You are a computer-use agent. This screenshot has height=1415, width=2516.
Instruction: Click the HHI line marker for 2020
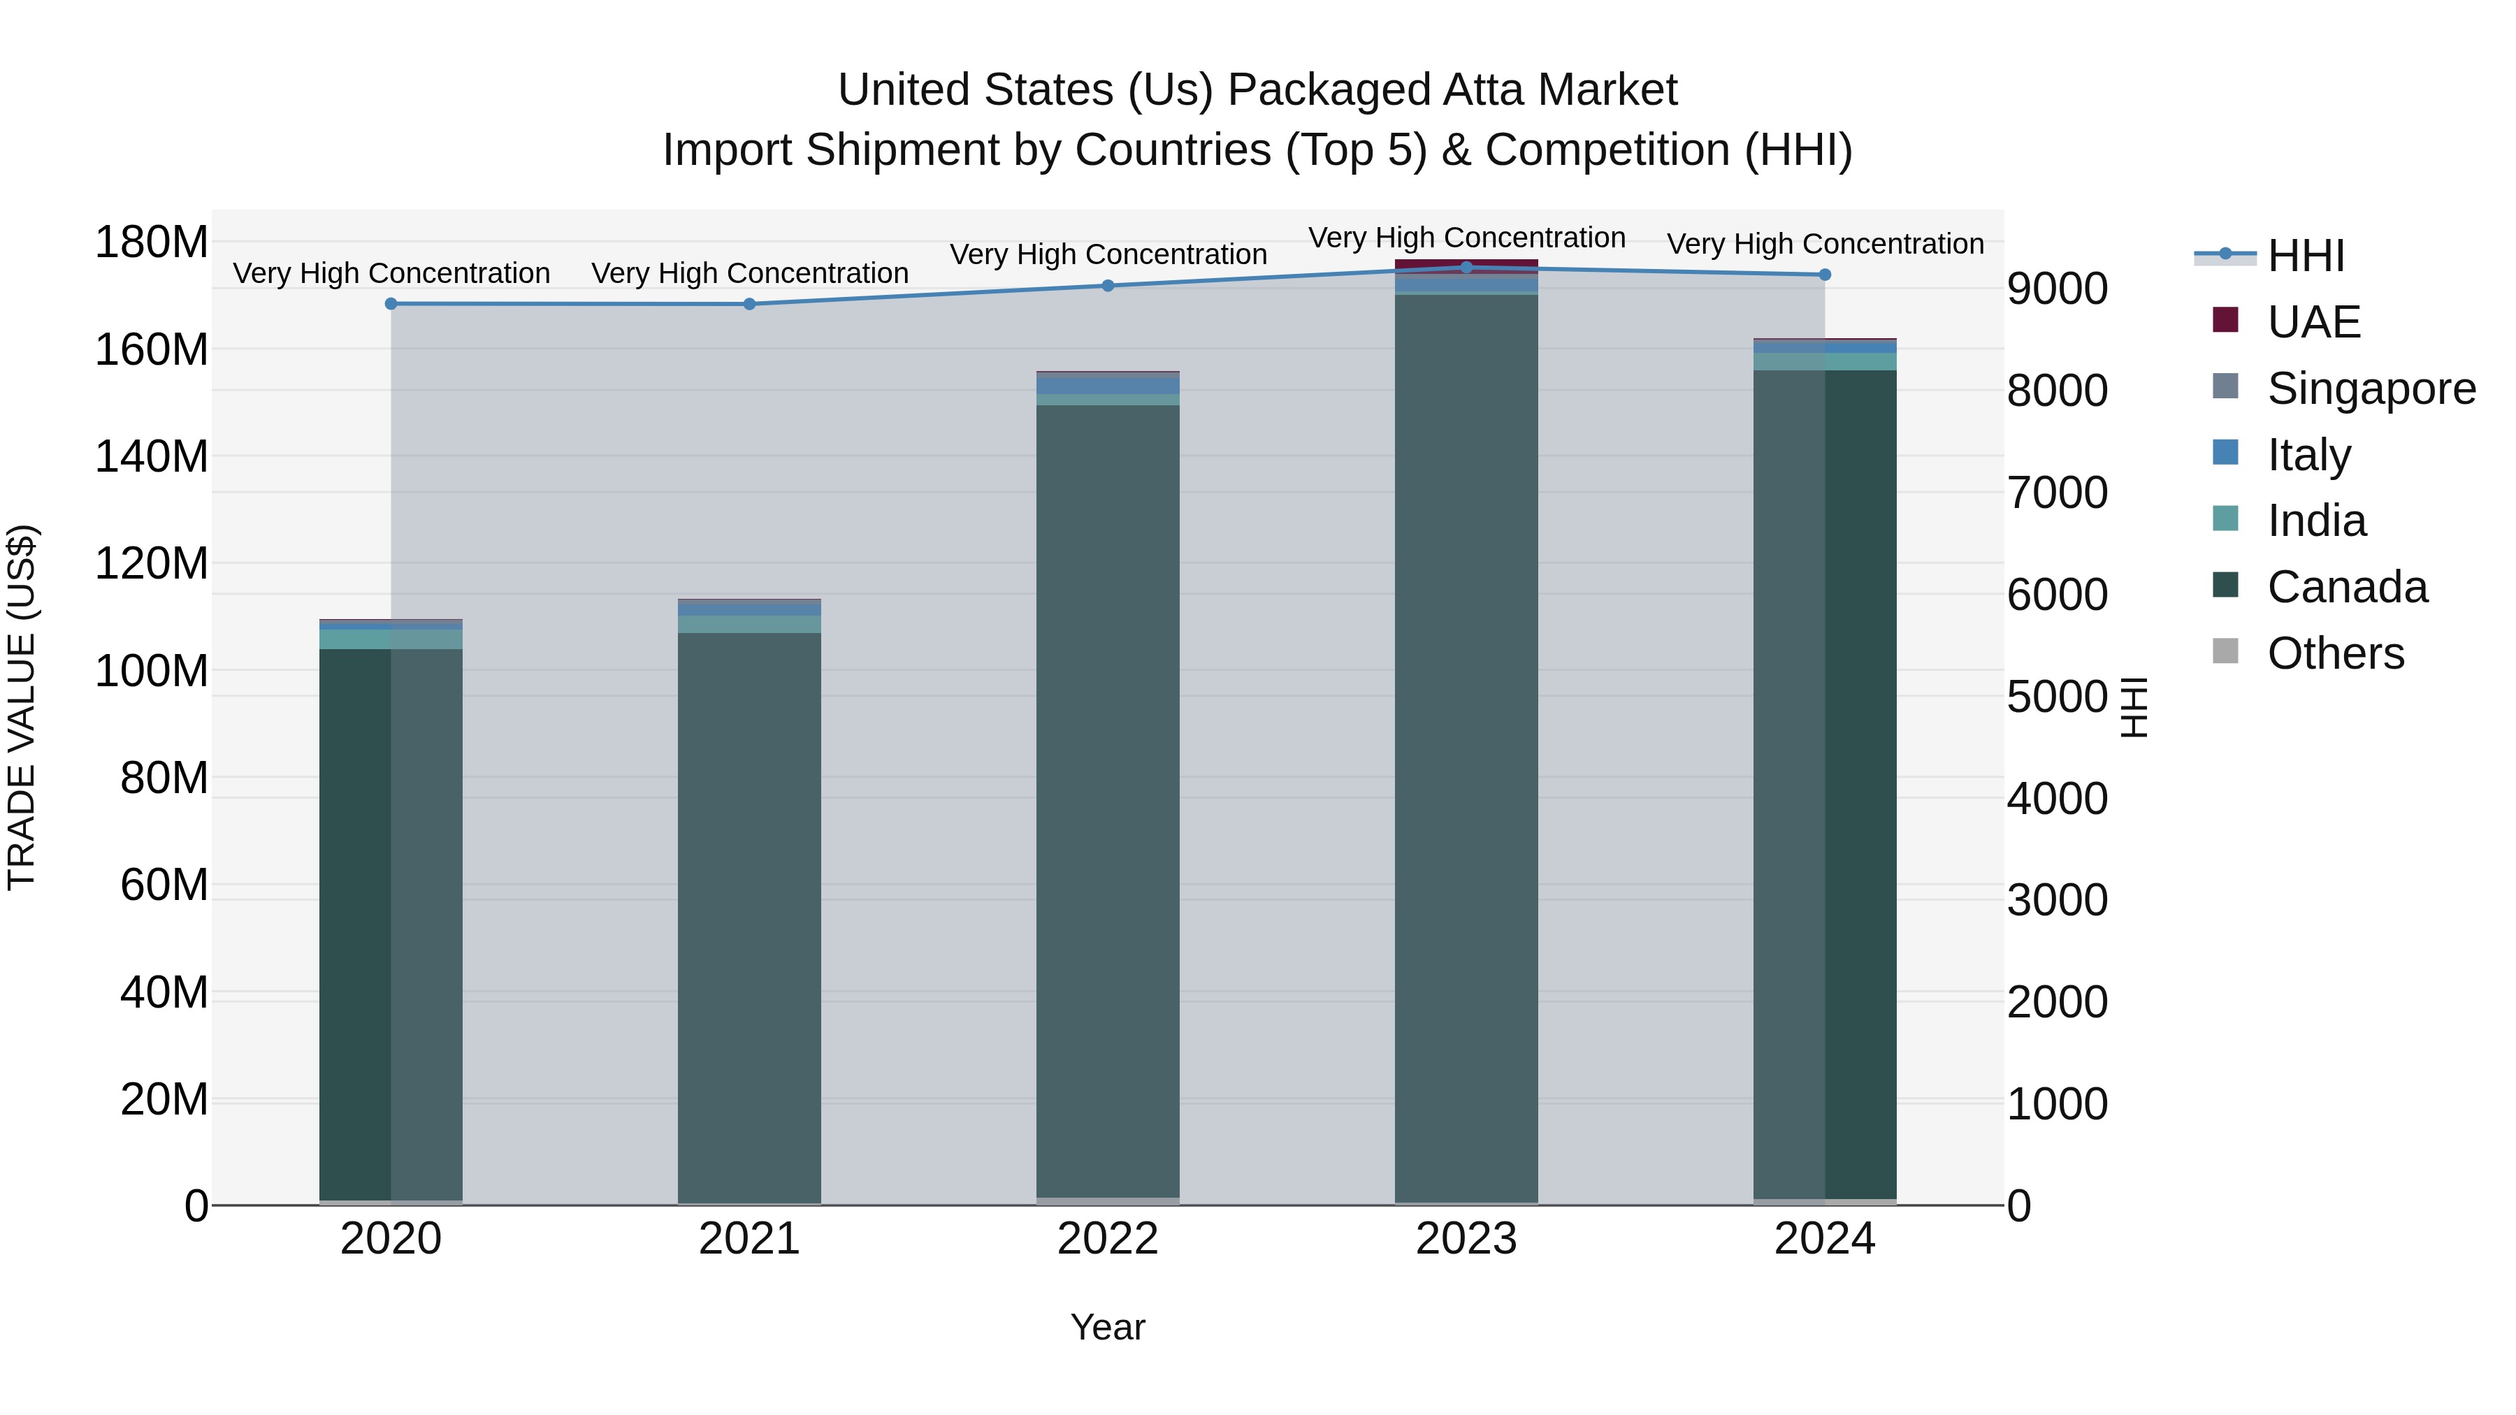(x=391, y=304)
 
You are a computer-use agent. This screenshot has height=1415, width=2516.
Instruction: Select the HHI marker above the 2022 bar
(x=1108, y=286)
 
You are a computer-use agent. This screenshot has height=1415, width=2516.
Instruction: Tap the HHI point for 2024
(x=1825, y=275)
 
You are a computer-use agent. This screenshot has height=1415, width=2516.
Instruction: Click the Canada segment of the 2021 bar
(x=749, y=918)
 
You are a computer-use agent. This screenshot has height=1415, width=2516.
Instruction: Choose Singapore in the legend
(x=2371, y=389)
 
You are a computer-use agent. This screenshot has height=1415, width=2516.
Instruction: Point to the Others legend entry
(x=2334, y=653)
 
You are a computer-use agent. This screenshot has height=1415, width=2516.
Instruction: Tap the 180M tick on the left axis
(x=152, y=242)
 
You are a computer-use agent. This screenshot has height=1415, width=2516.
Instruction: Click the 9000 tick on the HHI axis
(x=2057, y=289)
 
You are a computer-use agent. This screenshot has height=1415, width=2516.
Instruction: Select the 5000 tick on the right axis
(x=2057, y=697)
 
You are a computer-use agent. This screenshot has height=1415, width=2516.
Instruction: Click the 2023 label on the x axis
(x=1466, y=1239)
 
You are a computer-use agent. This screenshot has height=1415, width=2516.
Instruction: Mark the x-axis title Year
(x=1108, y=1327)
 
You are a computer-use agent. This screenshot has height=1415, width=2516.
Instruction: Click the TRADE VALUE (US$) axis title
(x=22, y=707)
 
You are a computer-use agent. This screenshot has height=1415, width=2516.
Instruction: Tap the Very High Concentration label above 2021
(x=749, y=273)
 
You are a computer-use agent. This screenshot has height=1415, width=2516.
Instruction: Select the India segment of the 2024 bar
(x=1825, y=361)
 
